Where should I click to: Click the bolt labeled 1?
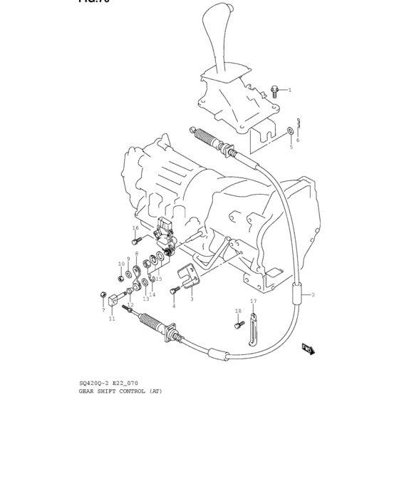click(274, 91)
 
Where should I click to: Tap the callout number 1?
click(290, 91)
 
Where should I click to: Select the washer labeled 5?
click(290, 131)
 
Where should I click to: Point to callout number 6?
click(298, 140)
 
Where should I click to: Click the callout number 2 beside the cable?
click(312, 294)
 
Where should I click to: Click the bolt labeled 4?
click(175, 290)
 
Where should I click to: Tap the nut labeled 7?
click(104, 294)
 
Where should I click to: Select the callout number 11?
click(112, 319)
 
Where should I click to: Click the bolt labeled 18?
click(237, 324)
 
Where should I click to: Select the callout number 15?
click(159, 279)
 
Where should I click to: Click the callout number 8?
click(137, 253)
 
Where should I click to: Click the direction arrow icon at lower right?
click(308, 349)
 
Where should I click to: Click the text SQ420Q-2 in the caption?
click(93, 383)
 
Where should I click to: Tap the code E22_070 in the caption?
click(126, 383)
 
